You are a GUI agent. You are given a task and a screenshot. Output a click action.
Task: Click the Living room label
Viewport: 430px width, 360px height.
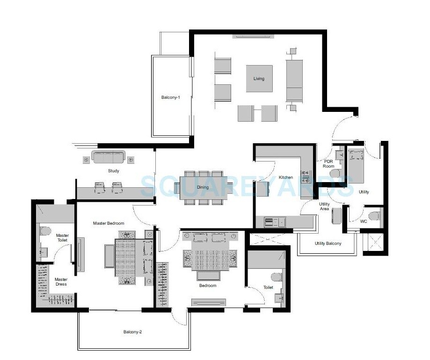(x=259, y=79)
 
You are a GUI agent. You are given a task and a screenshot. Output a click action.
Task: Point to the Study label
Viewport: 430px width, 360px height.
(x=113, y=171)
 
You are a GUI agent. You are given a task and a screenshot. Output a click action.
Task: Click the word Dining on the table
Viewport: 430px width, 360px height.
(x=203, y=187)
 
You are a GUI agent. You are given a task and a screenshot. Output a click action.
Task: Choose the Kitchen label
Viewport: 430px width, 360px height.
(x=285, y=177)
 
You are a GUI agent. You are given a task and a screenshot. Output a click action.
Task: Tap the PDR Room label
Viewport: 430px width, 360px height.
(x=328, y=163)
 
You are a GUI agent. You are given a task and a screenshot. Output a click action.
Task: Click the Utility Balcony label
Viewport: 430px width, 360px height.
(x=328, y=243)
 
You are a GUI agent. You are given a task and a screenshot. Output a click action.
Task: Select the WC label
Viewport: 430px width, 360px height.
(x=364, y=220)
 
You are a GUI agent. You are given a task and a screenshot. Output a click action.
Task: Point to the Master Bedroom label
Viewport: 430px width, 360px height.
(x=108, y=223)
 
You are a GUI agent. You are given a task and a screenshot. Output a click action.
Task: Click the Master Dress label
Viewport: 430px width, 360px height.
(x=61, y=281)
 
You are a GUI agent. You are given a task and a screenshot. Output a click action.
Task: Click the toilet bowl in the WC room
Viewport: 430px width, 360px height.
(x=373, y=216)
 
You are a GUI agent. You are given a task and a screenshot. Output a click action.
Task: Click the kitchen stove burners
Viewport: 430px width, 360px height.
(x=306, y=176)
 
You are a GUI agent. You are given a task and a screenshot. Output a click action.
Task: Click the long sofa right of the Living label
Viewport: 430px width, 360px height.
(x=294, y=79)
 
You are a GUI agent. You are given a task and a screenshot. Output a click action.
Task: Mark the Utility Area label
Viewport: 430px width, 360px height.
(x=324, y=206)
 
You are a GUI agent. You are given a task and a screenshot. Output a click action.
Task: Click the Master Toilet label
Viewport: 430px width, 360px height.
(x=62, y=237)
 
